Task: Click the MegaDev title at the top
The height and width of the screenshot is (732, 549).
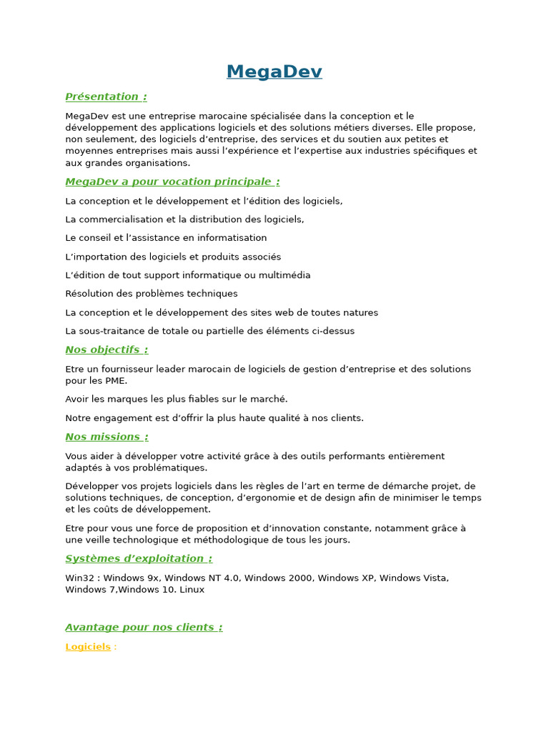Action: [x=274, y=72]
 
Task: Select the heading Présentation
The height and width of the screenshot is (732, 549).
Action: [x=106, y=97]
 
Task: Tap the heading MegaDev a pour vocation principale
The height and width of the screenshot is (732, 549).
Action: [x=172, y=182]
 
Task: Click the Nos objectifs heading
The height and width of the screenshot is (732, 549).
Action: [x=107, y=350]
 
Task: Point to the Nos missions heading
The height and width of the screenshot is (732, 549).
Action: [x=107, y=437]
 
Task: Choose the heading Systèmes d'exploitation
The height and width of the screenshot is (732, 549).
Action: [x=139, y=558]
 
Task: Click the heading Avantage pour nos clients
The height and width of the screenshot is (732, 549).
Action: [x=144, y=627]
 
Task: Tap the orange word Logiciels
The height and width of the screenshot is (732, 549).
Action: [x=88, y=646]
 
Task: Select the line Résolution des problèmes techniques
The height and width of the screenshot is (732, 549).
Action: [x=152, y=294]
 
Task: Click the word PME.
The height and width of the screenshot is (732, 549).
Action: [x=116, y=380]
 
